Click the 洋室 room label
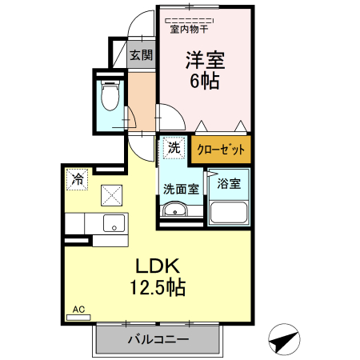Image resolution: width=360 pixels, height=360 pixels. (204, 60)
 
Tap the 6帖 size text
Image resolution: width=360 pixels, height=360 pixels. (204, 81)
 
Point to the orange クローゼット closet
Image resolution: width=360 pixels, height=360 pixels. (220, 150)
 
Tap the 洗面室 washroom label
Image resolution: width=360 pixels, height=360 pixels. (181, 189)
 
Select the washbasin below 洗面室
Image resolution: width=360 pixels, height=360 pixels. (174, 210)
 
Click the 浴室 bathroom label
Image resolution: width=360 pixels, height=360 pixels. (230, 184)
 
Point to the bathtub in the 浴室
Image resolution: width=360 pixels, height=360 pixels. (230, 213)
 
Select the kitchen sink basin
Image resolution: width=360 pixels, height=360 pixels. (113, 222)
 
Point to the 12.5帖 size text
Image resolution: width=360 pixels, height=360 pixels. (159, 287)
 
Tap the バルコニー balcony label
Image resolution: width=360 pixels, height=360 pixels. (158, 340)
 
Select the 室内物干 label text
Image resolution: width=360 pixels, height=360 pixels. (189, 30)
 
